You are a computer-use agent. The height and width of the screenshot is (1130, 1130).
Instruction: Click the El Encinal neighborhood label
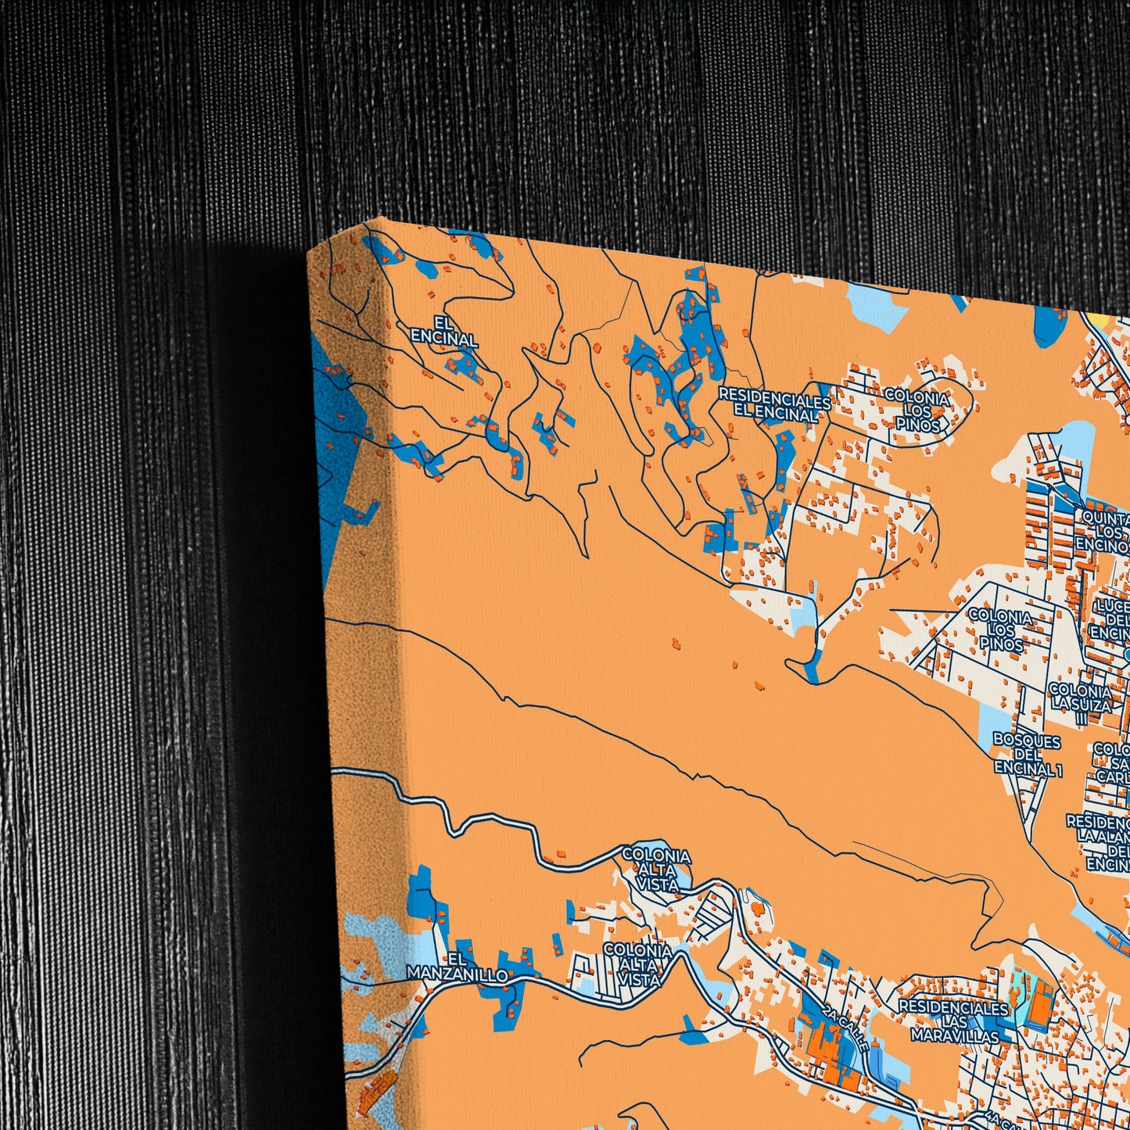tap(443, 332)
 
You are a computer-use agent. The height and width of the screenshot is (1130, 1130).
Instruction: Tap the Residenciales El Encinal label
tap(774, 407)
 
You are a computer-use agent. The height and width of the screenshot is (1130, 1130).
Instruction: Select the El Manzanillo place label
tap(457, 967)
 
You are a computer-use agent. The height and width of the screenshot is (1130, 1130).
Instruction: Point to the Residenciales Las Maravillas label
tap(954, 1021)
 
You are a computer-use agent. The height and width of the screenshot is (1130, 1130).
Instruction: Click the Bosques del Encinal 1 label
tap(1028, 754)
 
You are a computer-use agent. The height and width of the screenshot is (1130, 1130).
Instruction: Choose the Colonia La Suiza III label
tap(1081, 698)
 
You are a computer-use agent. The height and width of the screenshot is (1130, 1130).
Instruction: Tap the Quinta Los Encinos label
tap(1104, 532)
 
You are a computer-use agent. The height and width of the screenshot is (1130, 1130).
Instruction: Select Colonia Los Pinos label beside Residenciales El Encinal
tap(917, 411)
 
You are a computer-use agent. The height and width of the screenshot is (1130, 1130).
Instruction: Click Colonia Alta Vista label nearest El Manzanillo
tap(637, 964)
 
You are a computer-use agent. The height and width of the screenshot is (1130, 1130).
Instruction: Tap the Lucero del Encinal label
tap(1112, 620)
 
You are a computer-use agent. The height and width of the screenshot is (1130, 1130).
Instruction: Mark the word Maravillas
tap(955, 1036)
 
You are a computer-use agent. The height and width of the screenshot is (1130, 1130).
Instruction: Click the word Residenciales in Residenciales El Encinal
tap(774, 400)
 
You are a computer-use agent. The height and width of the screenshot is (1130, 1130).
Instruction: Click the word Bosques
tap(1027, 741)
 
